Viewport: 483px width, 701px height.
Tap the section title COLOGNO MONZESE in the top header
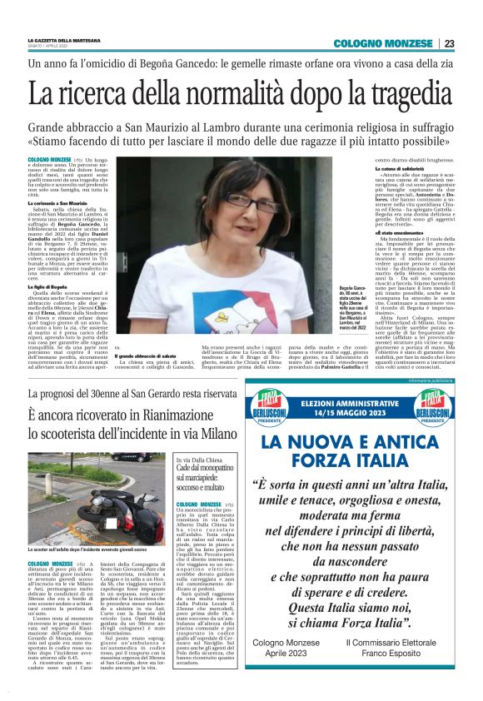click(383, 44)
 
